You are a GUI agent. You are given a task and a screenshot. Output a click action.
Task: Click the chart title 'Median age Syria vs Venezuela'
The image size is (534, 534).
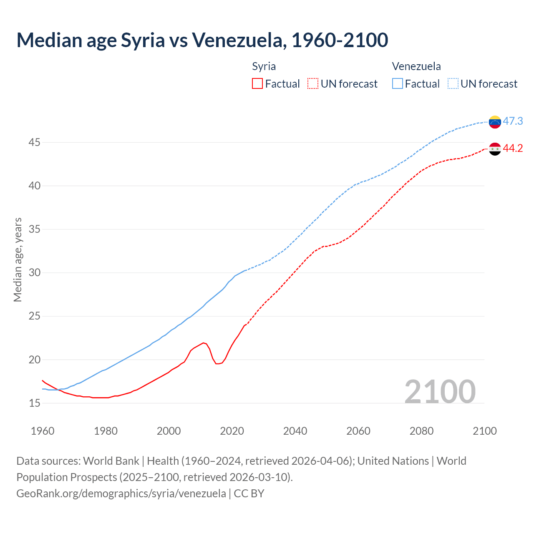(x=202, y=40)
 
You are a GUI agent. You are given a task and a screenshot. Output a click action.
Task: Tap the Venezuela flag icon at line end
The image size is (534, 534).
(x=495, y=122)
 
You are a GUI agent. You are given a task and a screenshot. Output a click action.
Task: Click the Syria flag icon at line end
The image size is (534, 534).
(x=495, y=149)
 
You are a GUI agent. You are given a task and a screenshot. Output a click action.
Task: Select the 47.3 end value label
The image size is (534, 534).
(x=513, y=121)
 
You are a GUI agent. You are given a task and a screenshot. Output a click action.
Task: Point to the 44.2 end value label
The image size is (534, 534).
(x=513, y=149)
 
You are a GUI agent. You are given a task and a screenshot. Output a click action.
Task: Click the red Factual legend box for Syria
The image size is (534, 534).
(x=257, y=84)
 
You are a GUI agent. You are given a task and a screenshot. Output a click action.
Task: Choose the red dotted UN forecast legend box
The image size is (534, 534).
(x=313, y=84)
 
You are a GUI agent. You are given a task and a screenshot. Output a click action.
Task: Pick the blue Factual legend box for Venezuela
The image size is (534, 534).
(x=398, y=84)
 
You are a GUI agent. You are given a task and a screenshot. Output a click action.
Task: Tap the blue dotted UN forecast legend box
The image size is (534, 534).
(x=453, y=84)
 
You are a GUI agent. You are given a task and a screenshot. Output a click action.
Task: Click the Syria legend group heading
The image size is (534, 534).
(x=264, y=66)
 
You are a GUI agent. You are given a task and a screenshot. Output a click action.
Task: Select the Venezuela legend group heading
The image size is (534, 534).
(x=416, y=66)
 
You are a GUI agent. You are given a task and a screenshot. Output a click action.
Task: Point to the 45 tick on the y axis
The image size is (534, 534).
(x=34, y=143)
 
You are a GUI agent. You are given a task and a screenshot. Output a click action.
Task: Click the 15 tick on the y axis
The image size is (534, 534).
(x=34, y=403)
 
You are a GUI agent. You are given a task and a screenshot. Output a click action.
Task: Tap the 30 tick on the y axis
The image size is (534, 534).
(x=34, y=273)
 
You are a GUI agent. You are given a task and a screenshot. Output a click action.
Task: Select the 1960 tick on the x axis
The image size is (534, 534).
(x=43, y=431)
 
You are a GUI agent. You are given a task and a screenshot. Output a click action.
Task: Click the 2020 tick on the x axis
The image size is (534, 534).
(x=232, y=431)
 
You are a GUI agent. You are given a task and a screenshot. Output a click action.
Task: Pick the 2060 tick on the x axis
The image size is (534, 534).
(x=358, y=431)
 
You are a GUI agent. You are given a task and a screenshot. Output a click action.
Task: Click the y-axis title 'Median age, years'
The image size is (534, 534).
(x=18, y=259)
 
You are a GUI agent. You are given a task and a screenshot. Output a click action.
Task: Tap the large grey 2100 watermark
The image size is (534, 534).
(x=440, y=391)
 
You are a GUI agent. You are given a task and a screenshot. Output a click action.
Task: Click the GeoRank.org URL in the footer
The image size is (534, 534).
(x=121, y=494)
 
